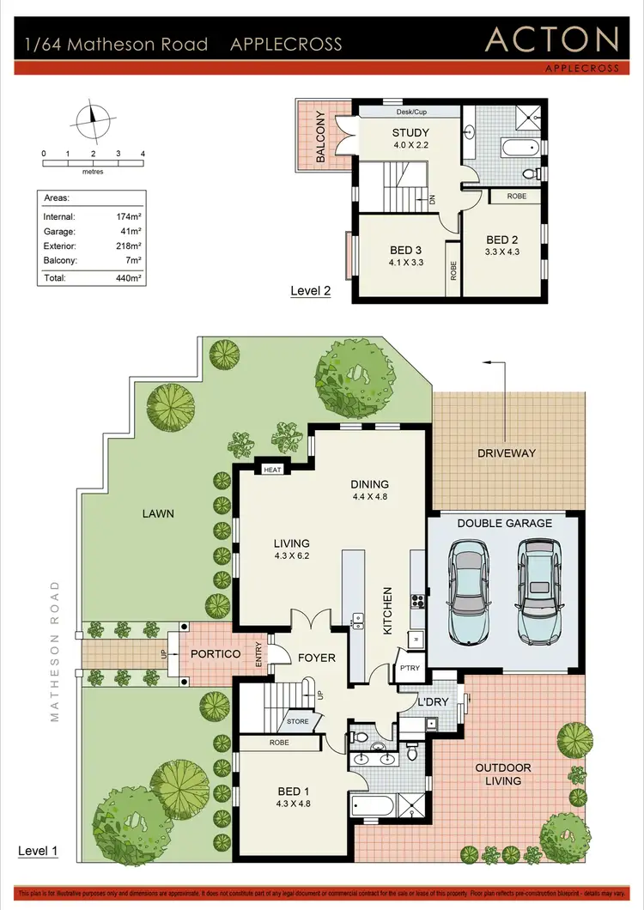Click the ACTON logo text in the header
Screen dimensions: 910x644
(x=551, y=39)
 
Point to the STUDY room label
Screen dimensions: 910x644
(x=410, y=132)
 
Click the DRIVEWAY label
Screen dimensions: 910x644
(x=507, y=452)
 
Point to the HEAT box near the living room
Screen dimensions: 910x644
(x=272, y=470)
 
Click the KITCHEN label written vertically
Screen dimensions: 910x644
(x=387, y=610)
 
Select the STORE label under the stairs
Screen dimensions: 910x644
(x=298, y=721)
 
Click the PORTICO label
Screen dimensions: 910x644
(x=216, y=654)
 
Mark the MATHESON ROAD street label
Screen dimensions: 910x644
(x=55, y=650)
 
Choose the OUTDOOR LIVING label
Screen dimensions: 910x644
(x=503, y=774)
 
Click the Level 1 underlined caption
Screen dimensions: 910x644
(x=38, y=851)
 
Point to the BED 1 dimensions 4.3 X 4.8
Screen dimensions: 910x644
(x=290, y=804)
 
